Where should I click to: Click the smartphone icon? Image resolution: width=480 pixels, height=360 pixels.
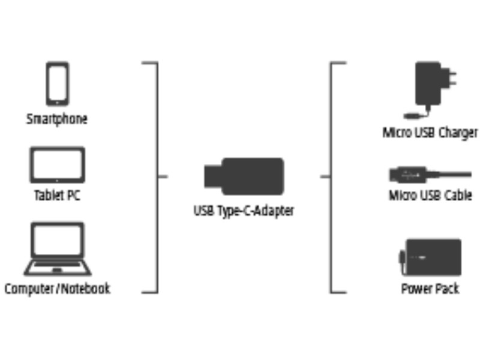(x=57, y=84)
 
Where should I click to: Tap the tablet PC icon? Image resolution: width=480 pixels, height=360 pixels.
(x=57, y=165)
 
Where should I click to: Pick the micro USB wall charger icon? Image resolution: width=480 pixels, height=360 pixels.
(x=432, y=87)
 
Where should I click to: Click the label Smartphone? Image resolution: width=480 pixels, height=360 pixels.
(x=57, y=119)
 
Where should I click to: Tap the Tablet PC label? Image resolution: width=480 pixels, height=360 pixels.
(x=57, y=196)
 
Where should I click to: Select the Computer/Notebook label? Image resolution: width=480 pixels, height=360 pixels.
(x=58, y=289)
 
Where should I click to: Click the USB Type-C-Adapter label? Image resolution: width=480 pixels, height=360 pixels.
(x=244, y=211)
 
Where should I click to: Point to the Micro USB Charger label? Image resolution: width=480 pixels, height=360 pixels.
(x=430, y=132)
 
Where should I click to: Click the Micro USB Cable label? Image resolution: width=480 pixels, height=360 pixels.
(x=430, y=196)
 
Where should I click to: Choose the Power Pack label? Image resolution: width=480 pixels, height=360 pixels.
(x=430, y=289)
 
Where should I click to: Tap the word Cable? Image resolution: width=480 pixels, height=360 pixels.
(x=457, y=196)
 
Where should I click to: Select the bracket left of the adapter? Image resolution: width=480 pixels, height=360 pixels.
(x=157, y=177)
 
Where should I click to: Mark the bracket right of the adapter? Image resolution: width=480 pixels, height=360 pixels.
(x=331, y=177)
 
